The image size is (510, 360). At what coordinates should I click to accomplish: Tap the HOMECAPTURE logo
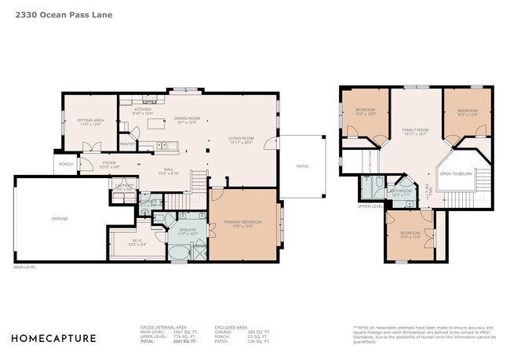[53, 339]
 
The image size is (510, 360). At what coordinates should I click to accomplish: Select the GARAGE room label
[60, 218]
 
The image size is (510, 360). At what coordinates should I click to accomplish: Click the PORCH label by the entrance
[65, 164]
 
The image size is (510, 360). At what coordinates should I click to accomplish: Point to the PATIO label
[302, 165]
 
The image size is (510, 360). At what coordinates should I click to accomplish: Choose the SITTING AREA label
[89, 122]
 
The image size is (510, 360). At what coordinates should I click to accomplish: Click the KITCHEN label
[143, 111]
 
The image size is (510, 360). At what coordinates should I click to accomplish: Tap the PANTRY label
[127, 144]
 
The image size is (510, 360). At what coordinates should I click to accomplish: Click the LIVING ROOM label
[242, 140]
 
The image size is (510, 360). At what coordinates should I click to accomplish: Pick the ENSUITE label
[187, 231]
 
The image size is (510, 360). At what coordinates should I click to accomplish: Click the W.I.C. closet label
[138, 242]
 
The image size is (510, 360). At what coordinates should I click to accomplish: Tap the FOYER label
[109, 164]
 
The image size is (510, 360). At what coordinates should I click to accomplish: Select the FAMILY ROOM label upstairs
[415, 131]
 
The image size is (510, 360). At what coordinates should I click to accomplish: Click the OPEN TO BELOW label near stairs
[456, 173]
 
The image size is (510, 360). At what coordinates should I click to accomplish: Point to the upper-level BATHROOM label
[402, 191]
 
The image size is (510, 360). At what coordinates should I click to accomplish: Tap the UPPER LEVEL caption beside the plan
[370, 206]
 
